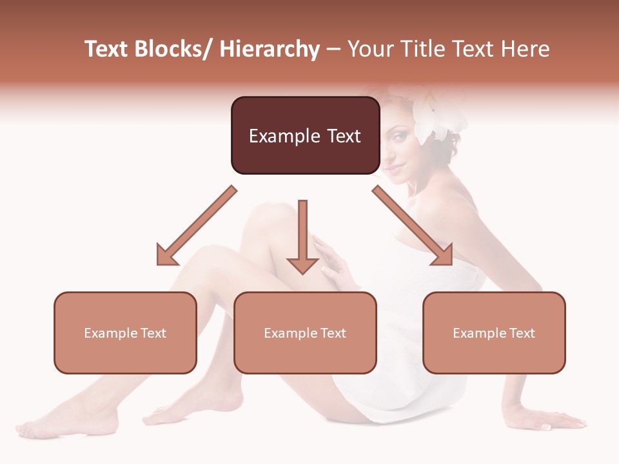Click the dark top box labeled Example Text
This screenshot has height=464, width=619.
305,135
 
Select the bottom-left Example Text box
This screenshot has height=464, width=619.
125,333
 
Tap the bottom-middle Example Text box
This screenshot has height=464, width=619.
305,333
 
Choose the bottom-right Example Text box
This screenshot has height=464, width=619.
494,333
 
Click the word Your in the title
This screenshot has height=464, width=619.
371,49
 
